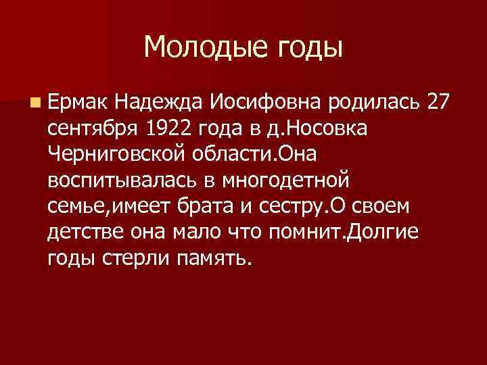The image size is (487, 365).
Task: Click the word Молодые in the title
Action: click(x=195, y=47)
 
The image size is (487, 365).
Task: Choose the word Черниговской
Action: click(x=112, y=155)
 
